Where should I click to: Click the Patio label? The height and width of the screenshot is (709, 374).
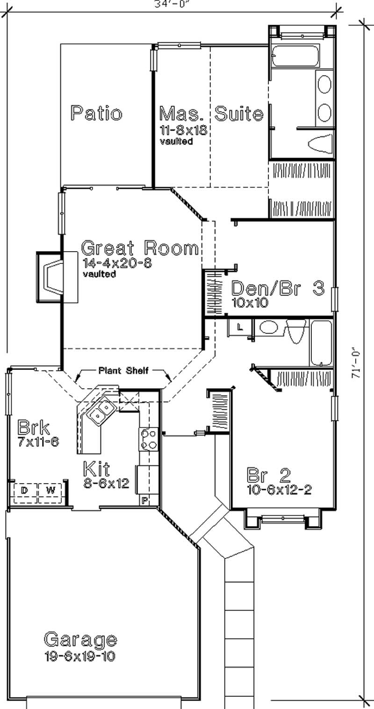tap(96, 114)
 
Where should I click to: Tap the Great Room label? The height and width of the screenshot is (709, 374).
tap(140, 248)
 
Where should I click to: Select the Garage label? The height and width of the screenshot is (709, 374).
tap(80, 639)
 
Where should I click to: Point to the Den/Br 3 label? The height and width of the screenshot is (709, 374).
tap(278, 288)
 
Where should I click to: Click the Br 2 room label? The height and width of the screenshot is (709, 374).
tap(269, 476)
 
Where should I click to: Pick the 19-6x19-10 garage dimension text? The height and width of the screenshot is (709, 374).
tap(80, 656)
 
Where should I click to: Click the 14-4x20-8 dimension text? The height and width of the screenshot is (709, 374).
tap(117, 263)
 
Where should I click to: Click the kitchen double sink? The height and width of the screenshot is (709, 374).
tap(103, 412)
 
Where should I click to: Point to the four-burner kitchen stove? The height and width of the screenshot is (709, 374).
tap(149, 439)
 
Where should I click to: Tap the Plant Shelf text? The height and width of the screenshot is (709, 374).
tap(123, 371)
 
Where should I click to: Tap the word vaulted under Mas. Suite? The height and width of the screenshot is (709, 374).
tap(176, 142)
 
